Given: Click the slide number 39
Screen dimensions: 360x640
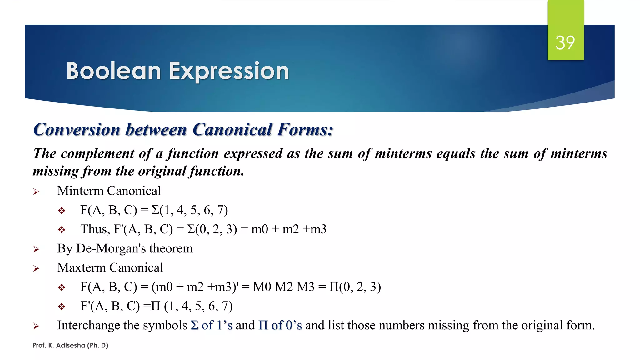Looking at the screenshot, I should pos(565,43).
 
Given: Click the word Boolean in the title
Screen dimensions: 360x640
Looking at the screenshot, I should pos(113,71).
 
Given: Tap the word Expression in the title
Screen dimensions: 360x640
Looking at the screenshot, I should pos(229,72).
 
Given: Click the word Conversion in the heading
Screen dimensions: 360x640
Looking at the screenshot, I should pos(77,130).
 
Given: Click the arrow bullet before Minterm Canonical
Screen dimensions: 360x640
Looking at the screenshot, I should pos(36,192).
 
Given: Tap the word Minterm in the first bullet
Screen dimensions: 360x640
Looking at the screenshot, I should pos(80,191).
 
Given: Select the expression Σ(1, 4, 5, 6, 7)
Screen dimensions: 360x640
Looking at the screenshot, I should pos(190,210).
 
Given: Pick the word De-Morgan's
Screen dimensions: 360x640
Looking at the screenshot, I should pos(111,249).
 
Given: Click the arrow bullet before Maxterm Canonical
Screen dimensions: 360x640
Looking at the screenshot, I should pos(36,268).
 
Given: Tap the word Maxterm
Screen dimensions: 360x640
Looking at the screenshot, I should pos(82,268).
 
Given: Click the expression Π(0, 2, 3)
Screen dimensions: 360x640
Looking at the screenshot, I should pos(355,287).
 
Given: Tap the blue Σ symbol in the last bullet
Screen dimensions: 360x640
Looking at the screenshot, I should pos(194,326).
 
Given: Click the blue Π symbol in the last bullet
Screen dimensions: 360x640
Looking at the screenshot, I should pos(263,326).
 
